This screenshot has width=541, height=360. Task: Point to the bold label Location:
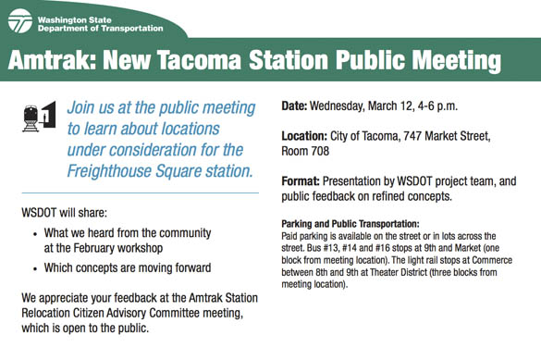click(x=310, y=135)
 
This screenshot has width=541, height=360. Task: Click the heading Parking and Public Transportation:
click(x=350, y=224)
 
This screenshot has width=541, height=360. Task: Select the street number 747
click(x=424, y=135)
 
